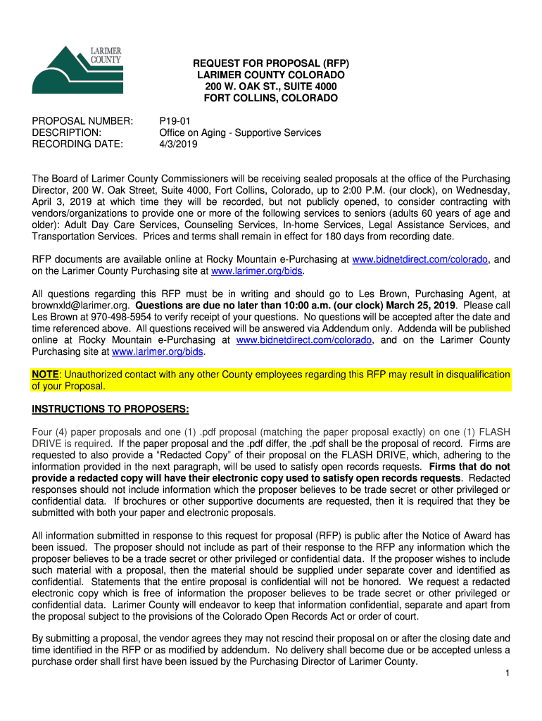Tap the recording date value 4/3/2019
click(179, 144)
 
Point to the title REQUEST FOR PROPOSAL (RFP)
click(272, 63)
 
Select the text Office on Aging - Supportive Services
click(241, 132)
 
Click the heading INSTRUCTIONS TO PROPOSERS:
click(111, 410)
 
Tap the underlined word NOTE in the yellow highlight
click(46, 375)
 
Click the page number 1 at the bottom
click(507, 674)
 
